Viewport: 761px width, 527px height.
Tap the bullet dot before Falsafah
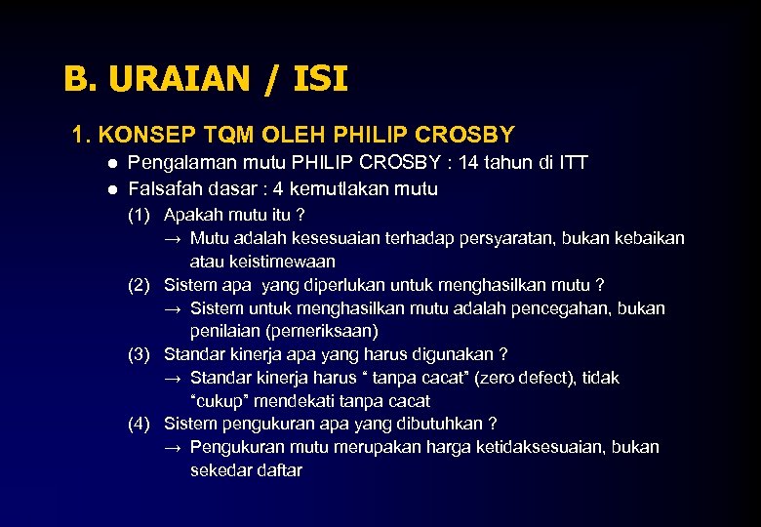tap(113, 189)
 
